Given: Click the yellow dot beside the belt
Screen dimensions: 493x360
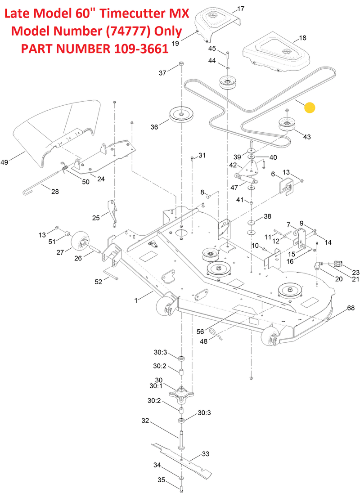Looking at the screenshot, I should point(310,108).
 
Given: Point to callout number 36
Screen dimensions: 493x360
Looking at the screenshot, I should point(154,127).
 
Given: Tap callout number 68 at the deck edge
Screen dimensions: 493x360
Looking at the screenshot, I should point(351,308).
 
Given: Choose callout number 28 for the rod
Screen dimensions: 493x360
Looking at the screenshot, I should point(54,192).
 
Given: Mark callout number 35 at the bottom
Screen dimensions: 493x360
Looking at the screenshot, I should point(161,480).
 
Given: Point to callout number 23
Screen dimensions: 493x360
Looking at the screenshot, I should point(355,273).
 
